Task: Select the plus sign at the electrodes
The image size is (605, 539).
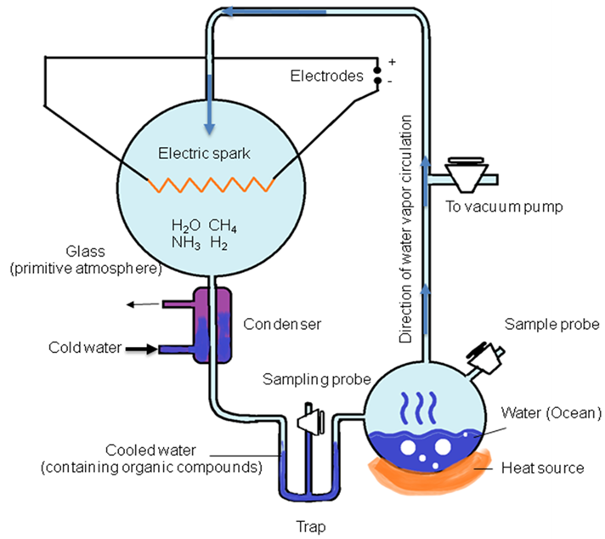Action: point(392,62)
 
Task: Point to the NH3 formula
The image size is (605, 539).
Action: point(186,244)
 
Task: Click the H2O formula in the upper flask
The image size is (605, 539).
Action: point(187,227)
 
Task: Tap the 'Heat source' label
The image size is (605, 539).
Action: point(542,468)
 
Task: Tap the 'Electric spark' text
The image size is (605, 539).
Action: point(206,154)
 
